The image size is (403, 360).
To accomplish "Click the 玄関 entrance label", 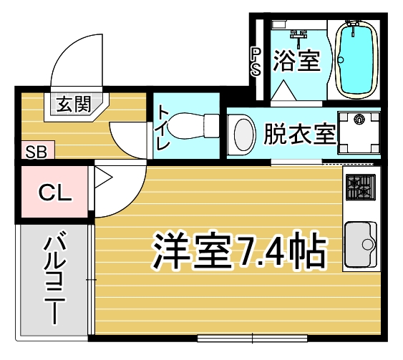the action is (74, 104).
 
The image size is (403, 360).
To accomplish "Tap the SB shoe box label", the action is (37, 152).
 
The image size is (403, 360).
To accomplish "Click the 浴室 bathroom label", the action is (297, 61).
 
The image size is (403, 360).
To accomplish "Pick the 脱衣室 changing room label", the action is (300, 134).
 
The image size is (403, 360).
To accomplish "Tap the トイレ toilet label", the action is (163, 127).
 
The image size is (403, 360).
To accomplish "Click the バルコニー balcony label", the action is (54, 278).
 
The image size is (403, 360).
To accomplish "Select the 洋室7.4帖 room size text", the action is (239, 250).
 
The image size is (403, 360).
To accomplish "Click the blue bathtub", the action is (356, 59).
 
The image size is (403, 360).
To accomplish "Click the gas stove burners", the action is (360, 187).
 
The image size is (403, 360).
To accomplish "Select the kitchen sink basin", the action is (360, 245).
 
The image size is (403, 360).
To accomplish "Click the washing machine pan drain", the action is (359, 119).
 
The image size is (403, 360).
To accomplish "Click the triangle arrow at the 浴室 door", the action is (283, 90).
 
